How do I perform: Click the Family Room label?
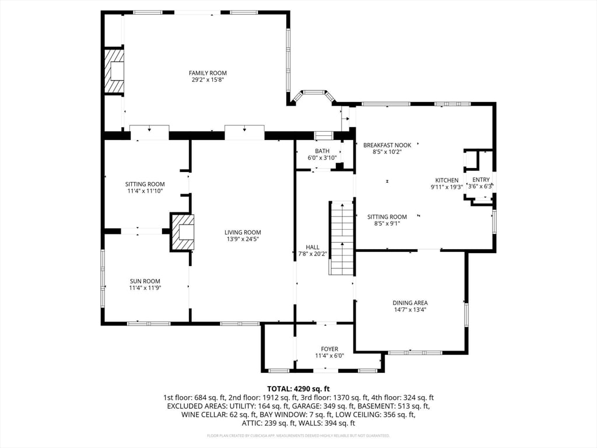[208, 73]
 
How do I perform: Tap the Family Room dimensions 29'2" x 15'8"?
[208, 80]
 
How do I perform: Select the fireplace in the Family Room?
[115, 71]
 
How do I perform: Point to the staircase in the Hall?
[342, 238]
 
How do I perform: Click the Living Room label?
[243, 232]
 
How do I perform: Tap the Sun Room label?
[145, 281]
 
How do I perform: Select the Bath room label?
[322, 151]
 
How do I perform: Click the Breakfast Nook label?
[387, 145]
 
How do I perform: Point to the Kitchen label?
[447, 180]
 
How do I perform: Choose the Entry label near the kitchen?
[481, 180]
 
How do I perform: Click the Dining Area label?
[410, 303]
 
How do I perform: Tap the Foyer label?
[329, 349]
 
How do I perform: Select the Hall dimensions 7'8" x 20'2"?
[309, 254]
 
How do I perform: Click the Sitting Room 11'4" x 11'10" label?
[145, 184]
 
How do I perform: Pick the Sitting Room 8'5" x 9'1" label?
[387, 217]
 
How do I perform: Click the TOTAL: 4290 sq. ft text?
[298, 388]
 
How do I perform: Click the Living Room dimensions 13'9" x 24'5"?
[243, 239]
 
